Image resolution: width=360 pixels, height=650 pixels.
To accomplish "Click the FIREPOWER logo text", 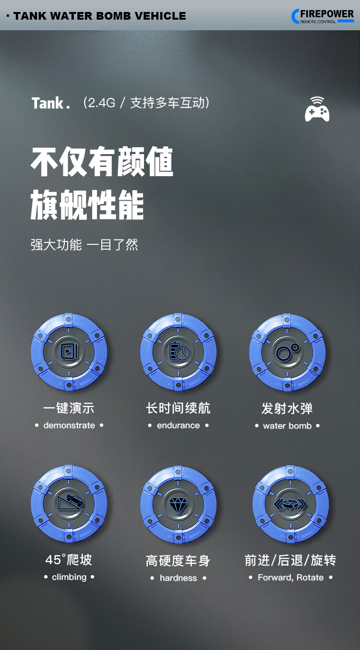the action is [327, 13].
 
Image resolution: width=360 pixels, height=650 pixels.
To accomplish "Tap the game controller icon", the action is [317, 109].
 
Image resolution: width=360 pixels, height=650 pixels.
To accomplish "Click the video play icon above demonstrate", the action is [69, 351].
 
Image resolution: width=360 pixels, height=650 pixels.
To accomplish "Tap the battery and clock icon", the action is [179, 351].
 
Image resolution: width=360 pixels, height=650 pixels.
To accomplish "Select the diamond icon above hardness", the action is [179, 505].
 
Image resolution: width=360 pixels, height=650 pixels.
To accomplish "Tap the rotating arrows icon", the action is [290, 505].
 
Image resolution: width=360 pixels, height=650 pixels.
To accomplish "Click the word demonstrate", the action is [69, 425].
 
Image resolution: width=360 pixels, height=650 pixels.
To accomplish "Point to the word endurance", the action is [179, 425].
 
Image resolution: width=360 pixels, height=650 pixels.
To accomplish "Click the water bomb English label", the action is [287, 426].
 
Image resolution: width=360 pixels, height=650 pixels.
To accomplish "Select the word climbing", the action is [69, 577].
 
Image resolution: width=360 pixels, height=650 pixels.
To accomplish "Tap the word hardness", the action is [179, 578].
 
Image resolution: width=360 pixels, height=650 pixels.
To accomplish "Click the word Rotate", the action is [310, 578].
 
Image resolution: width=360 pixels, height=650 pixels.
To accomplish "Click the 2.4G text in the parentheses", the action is [102, 103].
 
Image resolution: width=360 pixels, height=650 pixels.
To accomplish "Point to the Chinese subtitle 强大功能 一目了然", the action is [84, 245].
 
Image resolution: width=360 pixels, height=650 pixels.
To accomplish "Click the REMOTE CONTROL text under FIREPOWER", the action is [318, 22].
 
